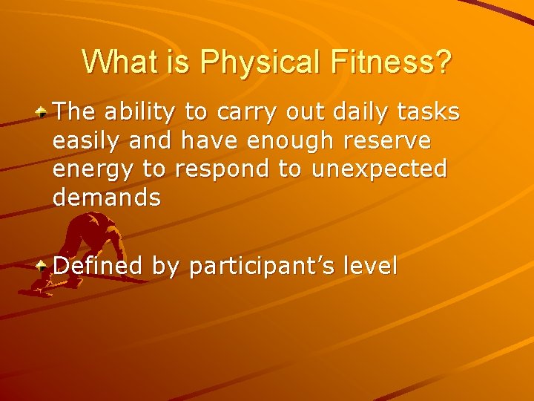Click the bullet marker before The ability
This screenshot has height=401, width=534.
44,113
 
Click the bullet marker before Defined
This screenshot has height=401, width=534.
44,265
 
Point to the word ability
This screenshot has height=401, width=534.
141,112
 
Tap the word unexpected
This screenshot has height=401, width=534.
379,169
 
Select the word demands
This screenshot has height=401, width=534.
107,198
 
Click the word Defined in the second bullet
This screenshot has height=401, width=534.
98,265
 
